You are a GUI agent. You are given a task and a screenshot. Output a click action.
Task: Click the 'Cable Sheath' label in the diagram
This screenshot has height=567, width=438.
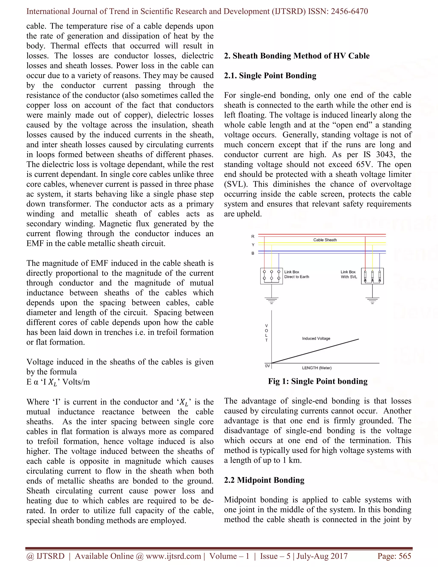click(325, 240)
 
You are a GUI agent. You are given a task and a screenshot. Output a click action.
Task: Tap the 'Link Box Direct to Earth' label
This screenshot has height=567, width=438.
click(297, 274)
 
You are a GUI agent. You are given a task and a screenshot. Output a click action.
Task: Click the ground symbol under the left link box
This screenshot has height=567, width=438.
click(271, 301)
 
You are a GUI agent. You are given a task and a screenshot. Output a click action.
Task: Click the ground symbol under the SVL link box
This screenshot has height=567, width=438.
click(372, 301)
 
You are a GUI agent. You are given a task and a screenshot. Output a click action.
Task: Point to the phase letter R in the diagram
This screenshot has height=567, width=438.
click(253, 236)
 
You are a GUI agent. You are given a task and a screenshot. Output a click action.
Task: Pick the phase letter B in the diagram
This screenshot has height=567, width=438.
click(253, 253)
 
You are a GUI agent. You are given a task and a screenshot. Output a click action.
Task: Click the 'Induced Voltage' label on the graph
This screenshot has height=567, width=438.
click(316, 338)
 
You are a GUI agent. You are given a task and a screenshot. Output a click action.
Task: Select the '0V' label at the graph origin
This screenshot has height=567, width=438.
click(267, 366)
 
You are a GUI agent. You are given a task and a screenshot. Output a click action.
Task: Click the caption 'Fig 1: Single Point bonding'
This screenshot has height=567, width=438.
click(318, 381)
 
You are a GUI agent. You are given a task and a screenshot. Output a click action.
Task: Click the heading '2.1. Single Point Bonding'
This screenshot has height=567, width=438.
click(270, 76)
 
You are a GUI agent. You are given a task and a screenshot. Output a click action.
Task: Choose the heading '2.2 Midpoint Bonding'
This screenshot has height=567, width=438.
click(264, 480)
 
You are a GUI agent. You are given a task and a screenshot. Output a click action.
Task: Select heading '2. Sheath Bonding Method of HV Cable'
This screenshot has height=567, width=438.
click(297, 56)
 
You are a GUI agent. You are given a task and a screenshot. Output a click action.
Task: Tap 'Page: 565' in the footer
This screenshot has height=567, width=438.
click(394, 556)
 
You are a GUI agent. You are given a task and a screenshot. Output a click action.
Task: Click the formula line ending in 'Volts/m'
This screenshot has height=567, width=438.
click(58, 382)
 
